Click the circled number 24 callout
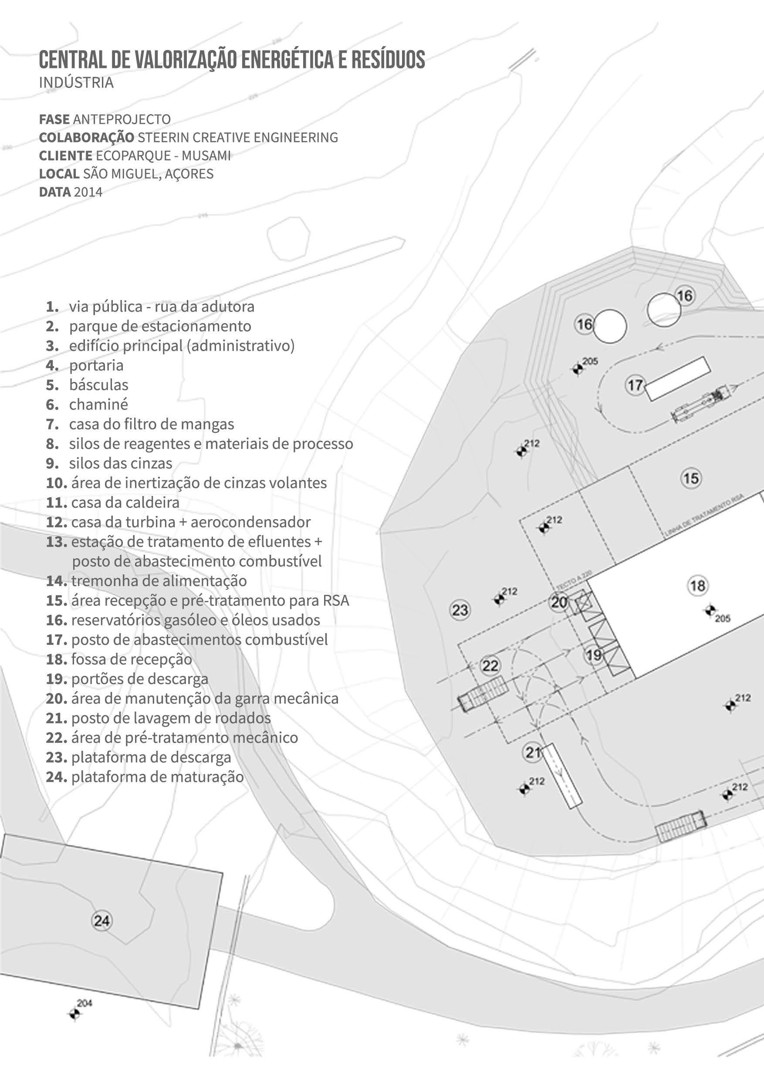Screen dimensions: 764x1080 [101, 921]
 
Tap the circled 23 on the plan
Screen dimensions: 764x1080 [460, 610]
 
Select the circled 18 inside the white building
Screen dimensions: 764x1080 [697, 586]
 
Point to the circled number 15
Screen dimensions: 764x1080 [691, 479]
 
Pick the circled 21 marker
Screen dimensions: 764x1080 [533, 753]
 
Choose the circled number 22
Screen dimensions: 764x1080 [490, 665]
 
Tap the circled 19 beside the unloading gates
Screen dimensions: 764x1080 [594, 655]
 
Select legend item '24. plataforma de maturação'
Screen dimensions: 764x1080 [145, 776]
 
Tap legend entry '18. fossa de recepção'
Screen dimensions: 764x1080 [119, 659]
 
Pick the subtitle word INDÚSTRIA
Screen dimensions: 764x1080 [76, 83]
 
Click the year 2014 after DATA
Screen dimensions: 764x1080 [88, 192]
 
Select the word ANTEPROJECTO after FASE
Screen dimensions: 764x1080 [122, 119]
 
